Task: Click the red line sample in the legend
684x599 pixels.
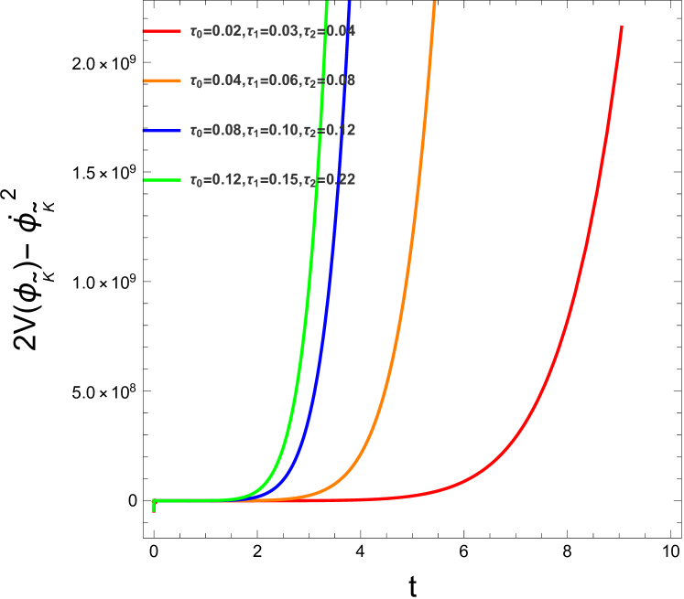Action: [x=161, y=31]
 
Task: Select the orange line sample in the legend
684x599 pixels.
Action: [x=161, y=80]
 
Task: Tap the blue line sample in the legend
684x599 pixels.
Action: [x=161, y=131]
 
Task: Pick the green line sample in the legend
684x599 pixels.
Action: [x=161, y=180]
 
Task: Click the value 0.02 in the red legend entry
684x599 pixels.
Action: [x=226, y=31]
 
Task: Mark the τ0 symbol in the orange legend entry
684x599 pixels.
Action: [x=195, y=81]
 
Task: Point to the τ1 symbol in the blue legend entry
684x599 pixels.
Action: [x=252, y=132]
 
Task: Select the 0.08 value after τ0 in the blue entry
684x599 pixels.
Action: [x=226, y=131]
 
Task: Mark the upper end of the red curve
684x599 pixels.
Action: [x=622, y=27]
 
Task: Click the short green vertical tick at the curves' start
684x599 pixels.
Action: [x=153, y=506]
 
